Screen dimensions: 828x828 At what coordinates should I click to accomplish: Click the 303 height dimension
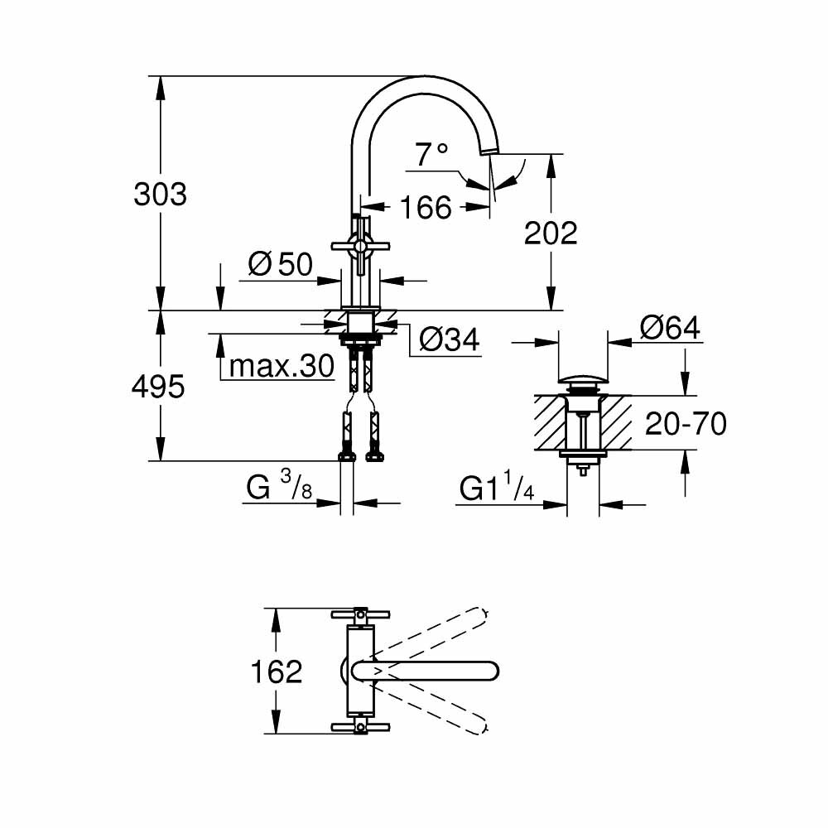(x=161, y=195)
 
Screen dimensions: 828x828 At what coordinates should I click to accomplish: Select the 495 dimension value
(x=158, y=386)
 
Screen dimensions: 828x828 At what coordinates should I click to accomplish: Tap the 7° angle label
(x=431, y=154)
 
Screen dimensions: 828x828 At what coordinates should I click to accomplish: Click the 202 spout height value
(x=551, y=233)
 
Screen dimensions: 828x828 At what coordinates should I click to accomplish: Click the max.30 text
(x=281, y=365)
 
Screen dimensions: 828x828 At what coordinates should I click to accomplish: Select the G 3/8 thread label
(x=278, y=489)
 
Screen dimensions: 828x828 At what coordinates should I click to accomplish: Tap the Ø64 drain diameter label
(x=669, y=328)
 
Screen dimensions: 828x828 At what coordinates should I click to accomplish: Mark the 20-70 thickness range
(x=686, y=424)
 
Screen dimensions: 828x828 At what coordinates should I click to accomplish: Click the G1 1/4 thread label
(x=497, y=490)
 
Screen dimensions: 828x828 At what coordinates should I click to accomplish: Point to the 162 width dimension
(x=277, y=672)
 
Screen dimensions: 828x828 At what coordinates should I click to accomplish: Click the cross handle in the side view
(x=359, y=244)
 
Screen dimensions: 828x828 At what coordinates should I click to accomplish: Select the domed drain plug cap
(x=584, y=381)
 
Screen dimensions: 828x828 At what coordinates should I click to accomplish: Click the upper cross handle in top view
(x=360, y=614)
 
